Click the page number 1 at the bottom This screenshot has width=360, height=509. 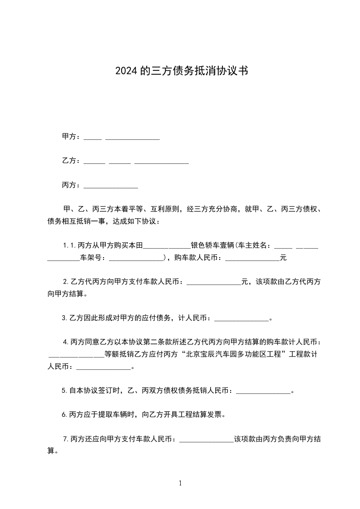coord(180,484)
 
